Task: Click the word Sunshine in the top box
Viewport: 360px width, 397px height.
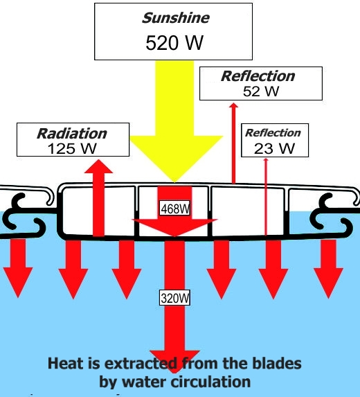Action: [x=176, y=18]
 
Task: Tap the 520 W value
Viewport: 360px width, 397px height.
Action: [x=174, y=42]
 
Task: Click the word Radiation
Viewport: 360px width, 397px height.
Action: [x=72, y=134]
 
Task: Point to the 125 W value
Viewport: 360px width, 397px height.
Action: [x=72, y=149]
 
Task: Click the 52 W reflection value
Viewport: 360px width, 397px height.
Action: [x=261, y=91]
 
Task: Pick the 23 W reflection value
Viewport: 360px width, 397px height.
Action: [x=274, y=148]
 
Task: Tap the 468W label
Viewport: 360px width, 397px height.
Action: [x=174, y=209]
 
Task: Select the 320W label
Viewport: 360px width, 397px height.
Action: [x=174, y=298]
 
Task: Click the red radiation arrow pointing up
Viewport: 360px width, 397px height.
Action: [x=99, y=197]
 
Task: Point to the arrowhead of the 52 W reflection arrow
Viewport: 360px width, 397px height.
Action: [x=234, y=105]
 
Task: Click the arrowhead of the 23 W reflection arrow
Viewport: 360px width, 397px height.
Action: [x=266, y=159]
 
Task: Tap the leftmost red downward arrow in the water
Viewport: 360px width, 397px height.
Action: [x=18, y=268]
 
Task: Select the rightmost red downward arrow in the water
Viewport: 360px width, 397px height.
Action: [x=328, y=269]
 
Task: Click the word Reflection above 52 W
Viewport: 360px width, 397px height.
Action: [x=258, y=76]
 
